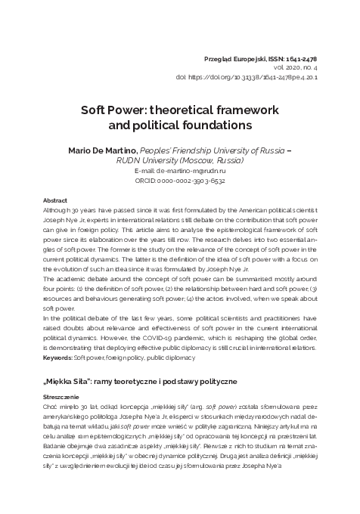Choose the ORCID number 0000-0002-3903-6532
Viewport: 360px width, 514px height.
click(x=191, y=181)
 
